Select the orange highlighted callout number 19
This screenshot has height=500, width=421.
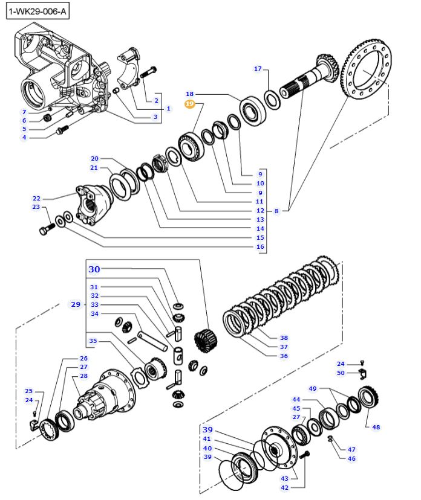tap(189, 104)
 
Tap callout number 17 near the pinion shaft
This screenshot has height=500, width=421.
tap(258, 69)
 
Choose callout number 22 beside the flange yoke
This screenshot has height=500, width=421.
tap(36, 198)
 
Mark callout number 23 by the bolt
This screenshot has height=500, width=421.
tap(36, 208)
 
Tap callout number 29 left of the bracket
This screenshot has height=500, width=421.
tap(75, 304)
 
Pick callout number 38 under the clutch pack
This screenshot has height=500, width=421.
tap(284, 338)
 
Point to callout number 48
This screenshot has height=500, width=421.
tap(376, 427)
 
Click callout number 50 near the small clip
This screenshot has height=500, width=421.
tap(341, 373)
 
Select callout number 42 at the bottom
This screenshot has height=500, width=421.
tap(284, 487)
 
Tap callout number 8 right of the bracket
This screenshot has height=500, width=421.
tap(276, 211)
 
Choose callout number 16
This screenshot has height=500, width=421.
tap(260, 247)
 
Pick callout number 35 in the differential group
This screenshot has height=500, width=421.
tap(94, 341)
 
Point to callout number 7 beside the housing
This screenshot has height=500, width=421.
tap(24, 112)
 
